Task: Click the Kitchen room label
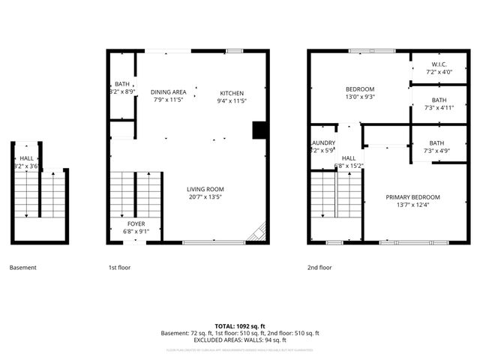click(x=232, y=93)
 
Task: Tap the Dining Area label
click(x=169, y=92)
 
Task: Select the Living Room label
click(x=205, y=189)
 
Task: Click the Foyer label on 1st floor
click(x=136, y=223)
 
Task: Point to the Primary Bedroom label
click(x=412, y=197)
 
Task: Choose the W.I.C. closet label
click(x=439, y=64)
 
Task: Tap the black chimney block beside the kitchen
click(x=259, y=130)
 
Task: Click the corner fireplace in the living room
click(x=258, y=232)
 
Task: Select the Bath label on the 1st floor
click(x=122, y=84)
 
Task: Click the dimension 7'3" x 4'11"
click(x=439, y=107)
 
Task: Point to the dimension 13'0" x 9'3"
click(x=359, y=97)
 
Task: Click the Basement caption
click(x=22, y=267)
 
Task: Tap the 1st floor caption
click(x=118, y=267)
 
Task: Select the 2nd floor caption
click(x=319, y=267)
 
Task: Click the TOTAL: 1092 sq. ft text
click(x=240, y=326)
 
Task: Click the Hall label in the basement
click(x=27, y=158)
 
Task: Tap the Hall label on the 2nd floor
click(x=349, y=158)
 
